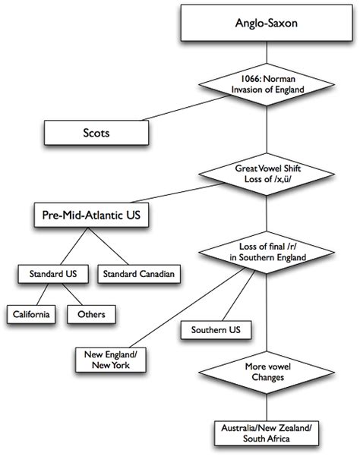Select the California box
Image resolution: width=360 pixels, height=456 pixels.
click(30, 313)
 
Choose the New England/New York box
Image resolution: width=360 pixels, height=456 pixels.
click(112, 359)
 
